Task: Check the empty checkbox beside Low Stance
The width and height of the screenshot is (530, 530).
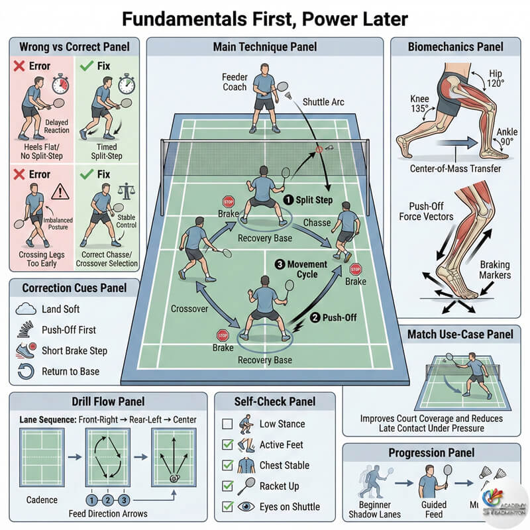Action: click(x=227, y=423)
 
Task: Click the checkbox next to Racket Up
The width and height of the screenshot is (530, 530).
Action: click(x=227, y=486)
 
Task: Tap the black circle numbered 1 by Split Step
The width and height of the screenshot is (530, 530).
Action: click(x=288, y=199)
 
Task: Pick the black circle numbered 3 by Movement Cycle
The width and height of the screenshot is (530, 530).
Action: click(x=280, y=264)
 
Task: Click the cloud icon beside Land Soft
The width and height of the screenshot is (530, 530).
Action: click(x=26, y=309)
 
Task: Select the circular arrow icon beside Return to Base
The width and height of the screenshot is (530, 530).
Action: click(x=26, y=371)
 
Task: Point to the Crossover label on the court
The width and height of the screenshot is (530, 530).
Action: click(x=190, y=309)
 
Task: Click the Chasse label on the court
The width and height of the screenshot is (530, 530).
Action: click(x=317, y=223)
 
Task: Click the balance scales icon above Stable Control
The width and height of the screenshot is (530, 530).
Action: click(x=124, y=191)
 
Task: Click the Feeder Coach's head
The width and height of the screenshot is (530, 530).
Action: click(x=264, y=68)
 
